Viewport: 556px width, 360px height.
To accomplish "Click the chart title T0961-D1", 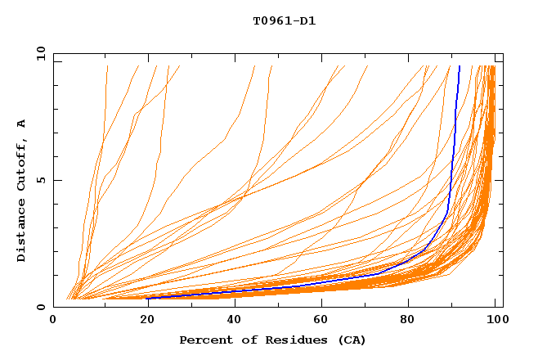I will (x=284, y=20).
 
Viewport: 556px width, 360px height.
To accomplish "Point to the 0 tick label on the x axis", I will (x=53, y=321).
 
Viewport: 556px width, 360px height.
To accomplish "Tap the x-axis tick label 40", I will (x=235, y=321).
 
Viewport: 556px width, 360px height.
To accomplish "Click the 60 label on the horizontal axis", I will (x=324, y=321).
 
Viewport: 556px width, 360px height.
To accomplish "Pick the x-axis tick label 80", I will (x=413, y=321).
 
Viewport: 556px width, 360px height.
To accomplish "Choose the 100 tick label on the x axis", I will (x=496, y=321).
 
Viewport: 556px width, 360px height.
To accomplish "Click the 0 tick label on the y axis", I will (x=41, y=308).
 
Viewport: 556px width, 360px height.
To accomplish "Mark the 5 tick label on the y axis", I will (x=41, y=181).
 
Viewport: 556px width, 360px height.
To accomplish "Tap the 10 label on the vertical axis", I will (x=38, y=54).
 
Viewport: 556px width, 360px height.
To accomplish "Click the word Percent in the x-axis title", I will (x=204, y=340).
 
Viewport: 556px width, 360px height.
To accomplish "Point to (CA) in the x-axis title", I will (x=351, y=340).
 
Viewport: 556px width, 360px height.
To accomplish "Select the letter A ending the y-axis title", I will (x=22, y=124).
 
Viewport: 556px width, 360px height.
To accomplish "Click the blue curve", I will (x=451, y=164).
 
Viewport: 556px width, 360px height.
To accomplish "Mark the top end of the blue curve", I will (x=460, y=66).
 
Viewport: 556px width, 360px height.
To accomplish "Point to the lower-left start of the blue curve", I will (x=147, y=298).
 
